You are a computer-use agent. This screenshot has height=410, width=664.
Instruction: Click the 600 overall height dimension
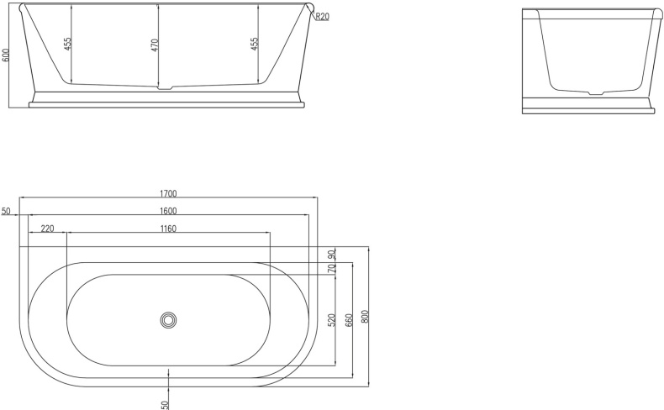click(x=7, y=55)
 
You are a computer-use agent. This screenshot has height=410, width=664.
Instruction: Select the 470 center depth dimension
click(x=155, y=45)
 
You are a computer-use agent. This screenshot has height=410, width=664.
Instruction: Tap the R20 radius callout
click(x=322, y=16)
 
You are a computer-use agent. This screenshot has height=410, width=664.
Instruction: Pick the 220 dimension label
click(x=47, y=228)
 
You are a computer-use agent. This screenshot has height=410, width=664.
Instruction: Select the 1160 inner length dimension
click(x=167, y=228)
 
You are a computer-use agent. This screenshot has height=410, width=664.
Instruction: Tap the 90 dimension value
click(x=332, y=254)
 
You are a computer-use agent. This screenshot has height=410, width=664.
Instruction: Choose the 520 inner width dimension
click(x=332, y=319)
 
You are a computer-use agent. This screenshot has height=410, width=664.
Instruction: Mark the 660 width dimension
click(x=349, y=319)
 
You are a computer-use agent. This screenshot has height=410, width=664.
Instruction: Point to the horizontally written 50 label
click(x=6, y=212)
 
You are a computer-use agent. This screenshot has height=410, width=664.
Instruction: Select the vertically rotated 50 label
click(x=166, y=403)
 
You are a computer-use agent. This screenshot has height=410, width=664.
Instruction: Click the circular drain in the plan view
click(x=169, y=319)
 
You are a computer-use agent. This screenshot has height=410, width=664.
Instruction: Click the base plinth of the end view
click(x=588, y=104)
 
